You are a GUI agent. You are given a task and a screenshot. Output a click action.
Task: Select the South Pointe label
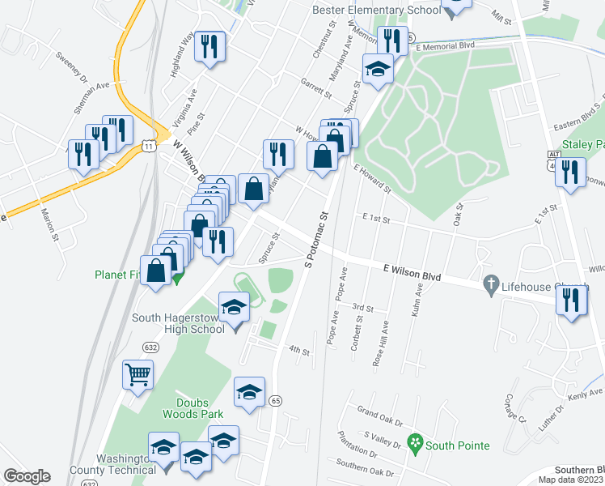(x=458, y=446)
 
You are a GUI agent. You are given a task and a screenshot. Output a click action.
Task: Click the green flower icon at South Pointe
(x=415, y=444)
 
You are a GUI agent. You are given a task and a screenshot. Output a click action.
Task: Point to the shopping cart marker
(x=137, y=375)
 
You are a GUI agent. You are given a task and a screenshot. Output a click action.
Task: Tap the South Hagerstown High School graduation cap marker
(x=235, y=308)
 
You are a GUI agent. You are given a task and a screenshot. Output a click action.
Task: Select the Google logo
(x=27, y=476)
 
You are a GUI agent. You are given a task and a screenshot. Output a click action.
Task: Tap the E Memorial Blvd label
(x=444, y=47)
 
